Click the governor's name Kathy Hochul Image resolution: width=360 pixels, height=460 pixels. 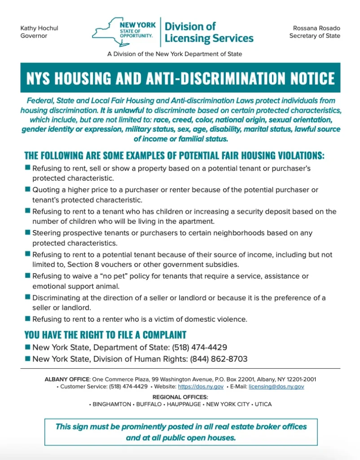pyautogui.click(x=39, y=28)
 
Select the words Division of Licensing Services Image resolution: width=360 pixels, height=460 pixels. pyautogui.click(x=209, y=32)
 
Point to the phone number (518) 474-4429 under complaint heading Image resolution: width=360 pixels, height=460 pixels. pyautogui.click(x=199, y=347)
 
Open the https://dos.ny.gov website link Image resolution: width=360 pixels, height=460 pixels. pyautogui.click(x=201, y=386)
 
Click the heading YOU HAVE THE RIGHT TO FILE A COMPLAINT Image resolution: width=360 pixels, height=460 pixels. pyautogui.click(x=105, y=335)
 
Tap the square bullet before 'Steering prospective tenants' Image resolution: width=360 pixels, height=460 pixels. pyautogui.click(x=27, y=232)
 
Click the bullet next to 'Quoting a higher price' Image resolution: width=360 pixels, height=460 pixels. pyautogui.click(x=27, y=189)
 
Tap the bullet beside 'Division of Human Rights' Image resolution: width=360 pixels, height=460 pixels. pyautogui.click(x=27, y=358)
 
